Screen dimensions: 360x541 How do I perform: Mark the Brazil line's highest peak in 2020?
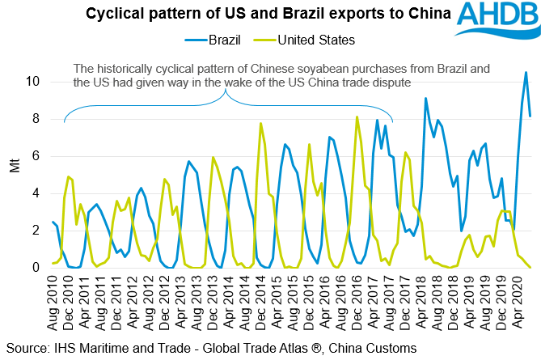pyautogui.click(x=526, y=73)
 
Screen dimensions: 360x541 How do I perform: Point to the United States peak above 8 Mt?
pyautogui.click(x=357, y=117)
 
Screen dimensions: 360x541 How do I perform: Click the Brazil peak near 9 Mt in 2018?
pyautogui.click(x=425, y=99)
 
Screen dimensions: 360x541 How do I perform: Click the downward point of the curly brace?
pyautogui.click(x=226, y=91)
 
